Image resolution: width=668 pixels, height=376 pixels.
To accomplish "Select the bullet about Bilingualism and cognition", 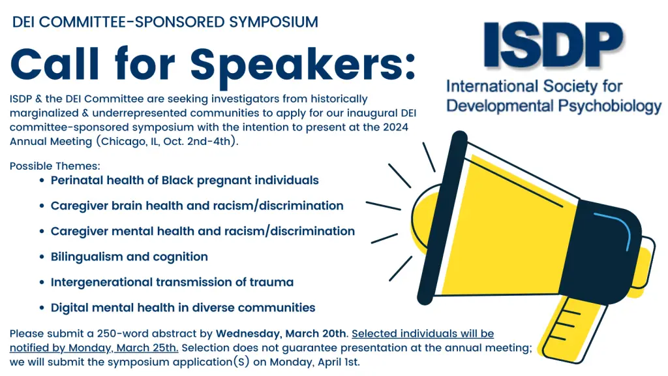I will click(x=129, y=257).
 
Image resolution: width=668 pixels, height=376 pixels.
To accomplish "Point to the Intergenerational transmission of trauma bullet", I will click(x=172, y=282).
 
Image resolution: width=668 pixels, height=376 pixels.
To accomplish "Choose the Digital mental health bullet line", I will click(x=183, y=307).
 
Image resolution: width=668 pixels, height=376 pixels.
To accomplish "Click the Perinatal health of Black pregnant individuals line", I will click(x=185, y=180).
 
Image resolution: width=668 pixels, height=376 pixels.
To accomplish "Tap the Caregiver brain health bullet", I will click(x=196, y=206).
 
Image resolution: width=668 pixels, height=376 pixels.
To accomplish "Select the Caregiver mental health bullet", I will click(x=202, y=231).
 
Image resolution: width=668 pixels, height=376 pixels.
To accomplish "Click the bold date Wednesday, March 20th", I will click(x=282, y=334).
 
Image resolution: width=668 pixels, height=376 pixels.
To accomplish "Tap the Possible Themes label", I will click(x=55, y=166).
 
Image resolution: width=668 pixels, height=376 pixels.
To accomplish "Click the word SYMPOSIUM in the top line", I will click(x=273, y=22).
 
